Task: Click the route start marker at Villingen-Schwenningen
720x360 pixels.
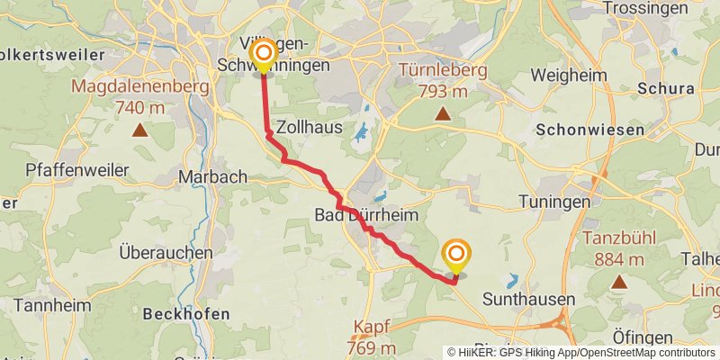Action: click(x=263, y=55)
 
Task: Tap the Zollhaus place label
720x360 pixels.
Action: click(x=310, y=127)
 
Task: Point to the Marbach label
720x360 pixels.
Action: click(x=213, y=176)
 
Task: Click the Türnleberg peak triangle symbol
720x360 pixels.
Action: click(x=443, y=113)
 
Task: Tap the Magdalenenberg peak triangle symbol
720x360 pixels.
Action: click(x=140, y=130)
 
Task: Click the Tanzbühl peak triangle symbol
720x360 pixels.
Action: click(x=619, y=282)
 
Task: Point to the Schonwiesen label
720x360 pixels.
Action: click(x=589, y=130)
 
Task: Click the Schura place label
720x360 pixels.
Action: click(x=665, y=88)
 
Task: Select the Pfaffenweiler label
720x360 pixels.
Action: click(x=66, y=169)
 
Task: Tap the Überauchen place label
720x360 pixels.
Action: click(x=166, y=253)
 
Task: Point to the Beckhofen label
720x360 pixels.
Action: click(x=186, y=314)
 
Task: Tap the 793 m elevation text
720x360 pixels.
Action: click(x=442, y=91)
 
